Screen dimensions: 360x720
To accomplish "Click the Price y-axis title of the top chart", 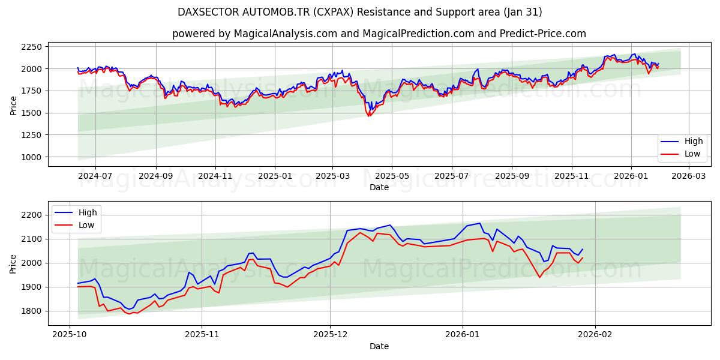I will [13, 104].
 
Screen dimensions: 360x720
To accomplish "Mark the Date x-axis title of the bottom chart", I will [379, 346].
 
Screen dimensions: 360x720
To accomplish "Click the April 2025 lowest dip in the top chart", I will [369, 116].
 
